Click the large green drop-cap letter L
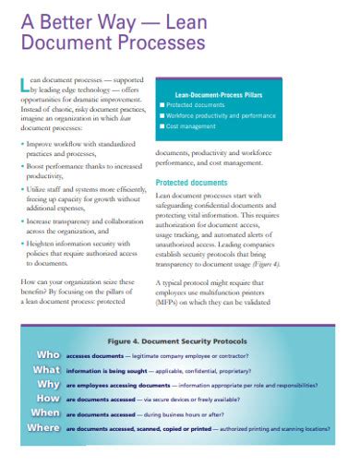tap(24, 87)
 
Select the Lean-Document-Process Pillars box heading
tap(222, 93)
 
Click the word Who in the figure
tap(48, 354)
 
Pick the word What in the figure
tap(46, 369)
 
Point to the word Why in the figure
tap(49, 384)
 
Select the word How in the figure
tap(48, 400)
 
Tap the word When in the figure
tap(45, 414)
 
